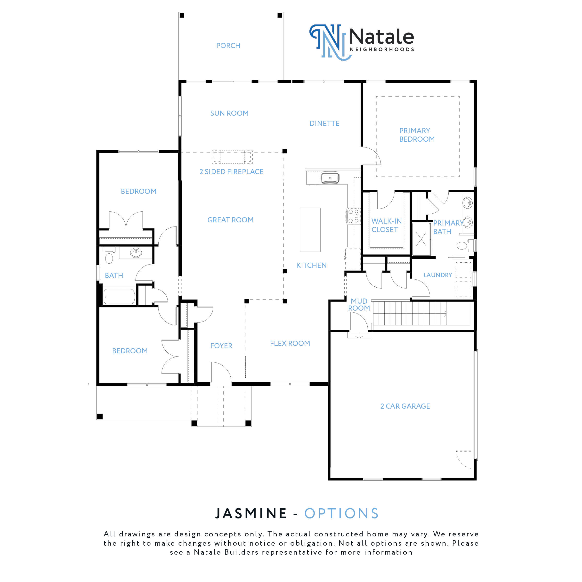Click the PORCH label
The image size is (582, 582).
(x=228, y=46)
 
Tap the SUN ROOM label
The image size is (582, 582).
(x=229, y=113)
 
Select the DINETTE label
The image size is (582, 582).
(x=324, y=123)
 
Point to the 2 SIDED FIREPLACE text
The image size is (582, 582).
(x=231, y=172)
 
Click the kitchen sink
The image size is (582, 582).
(x=330, y=178)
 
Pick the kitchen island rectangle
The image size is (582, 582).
(x=310, y=230)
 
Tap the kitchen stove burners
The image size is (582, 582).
(x=354, y=216)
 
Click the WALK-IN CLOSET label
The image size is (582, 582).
(x=386, y=225)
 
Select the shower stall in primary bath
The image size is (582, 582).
(x=421, y=239)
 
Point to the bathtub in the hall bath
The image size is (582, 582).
(x=119, y=297)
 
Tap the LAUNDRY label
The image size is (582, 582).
(x=437, y=275)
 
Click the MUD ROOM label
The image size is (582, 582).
(x=359, y=305)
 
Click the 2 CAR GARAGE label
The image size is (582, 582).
(x=405, y=406)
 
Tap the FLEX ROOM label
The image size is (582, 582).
(x=290, y=343)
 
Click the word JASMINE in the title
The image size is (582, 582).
(x=251, y=514)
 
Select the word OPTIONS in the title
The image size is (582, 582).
(x=342, y=514)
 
